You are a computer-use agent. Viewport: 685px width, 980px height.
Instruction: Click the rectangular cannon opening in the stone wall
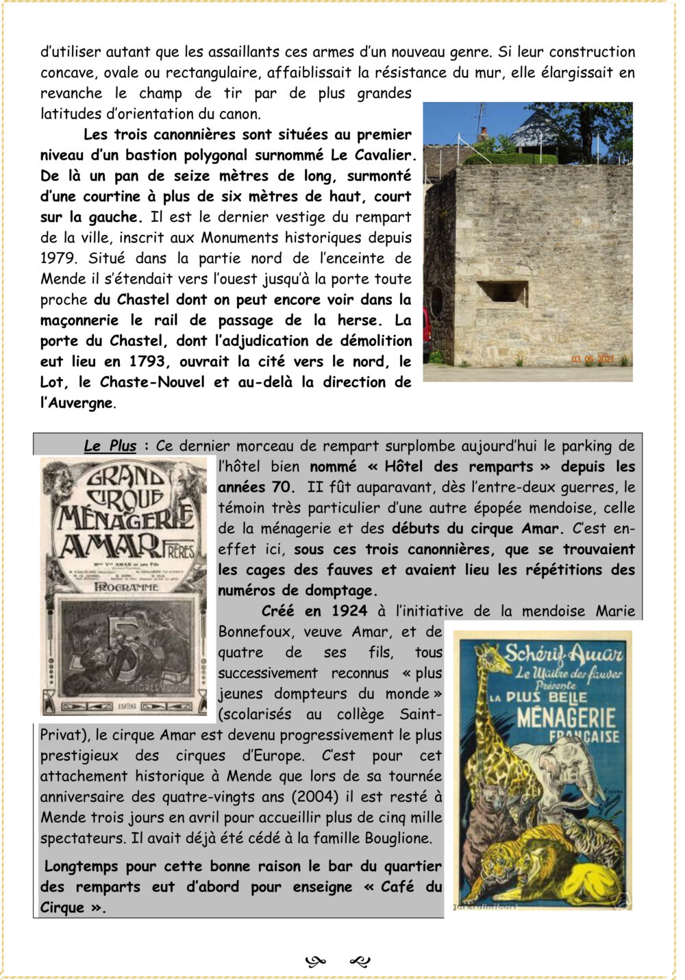tap(503, 293)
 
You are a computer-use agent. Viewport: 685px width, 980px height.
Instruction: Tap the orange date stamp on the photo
tap(593, 359)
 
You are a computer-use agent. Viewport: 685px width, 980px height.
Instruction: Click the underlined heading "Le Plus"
tap(110, 446)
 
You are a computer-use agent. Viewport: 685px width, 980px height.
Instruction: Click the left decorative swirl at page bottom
tap(315, 962)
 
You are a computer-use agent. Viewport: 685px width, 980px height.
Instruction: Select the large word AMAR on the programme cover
tap(110, 546)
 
